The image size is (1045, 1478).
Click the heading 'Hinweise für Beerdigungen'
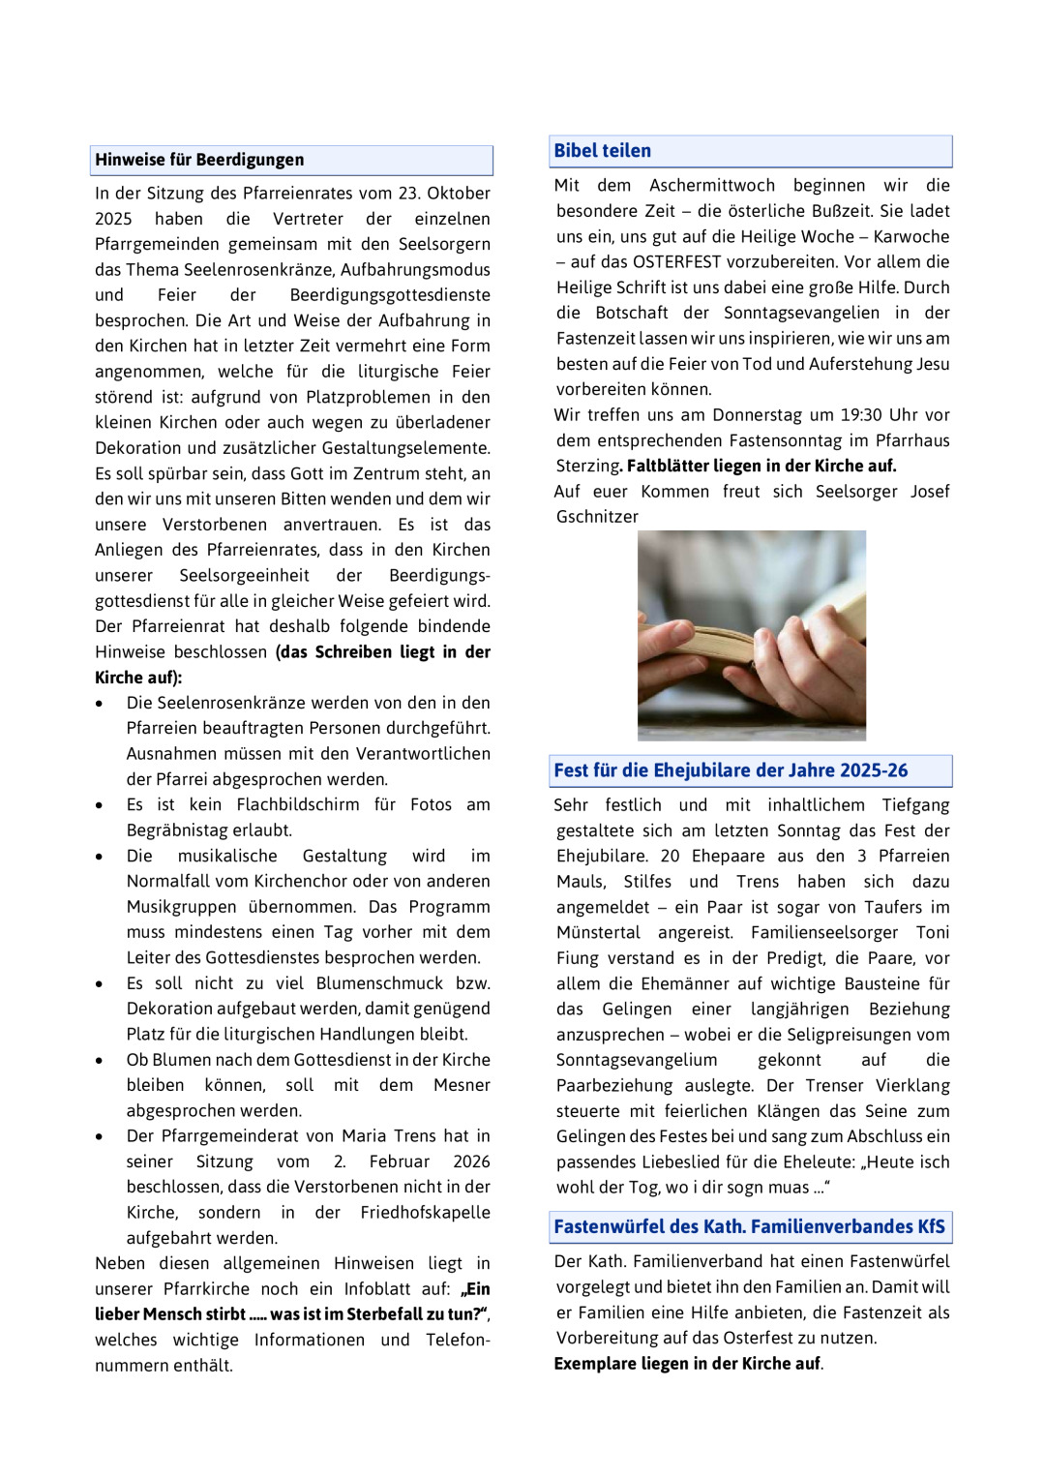[x=199, y=160]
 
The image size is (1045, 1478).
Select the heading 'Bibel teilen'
[x=602, y=150]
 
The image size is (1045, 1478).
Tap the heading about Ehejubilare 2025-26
[x=731, y=770]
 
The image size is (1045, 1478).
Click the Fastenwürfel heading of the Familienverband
[x=749, y=1226]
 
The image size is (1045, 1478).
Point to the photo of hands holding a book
[x=752, y=635]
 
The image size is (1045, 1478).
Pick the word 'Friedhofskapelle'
[x=425, y=1213]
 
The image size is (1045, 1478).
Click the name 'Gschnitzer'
[x=597, y=517]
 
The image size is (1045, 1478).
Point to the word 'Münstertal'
[x=598, y=932]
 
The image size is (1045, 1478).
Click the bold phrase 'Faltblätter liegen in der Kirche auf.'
[x=761, y=466]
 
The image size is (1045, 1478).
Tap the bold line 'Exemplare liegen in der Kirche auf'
[x=687, y=1364]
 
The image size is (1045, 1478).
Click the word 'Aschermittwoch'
[x=712, y=186]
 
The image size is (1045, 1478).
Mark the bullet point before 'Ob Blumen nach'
[x=100, y=1061]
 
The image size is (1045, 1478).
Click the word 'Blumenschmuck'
[x=379, y=983]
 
